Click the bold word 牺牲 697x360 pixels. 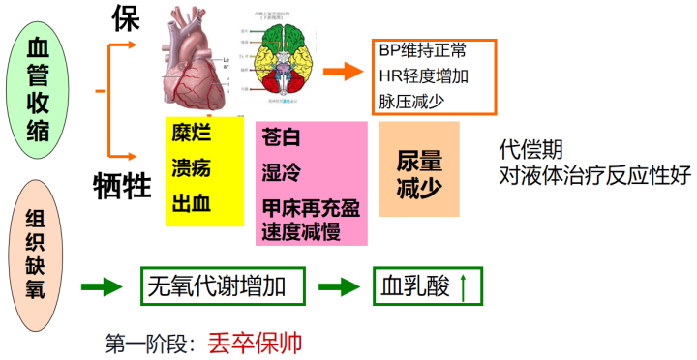click(123, 183)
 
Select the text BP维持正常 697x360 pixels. click(423, 50)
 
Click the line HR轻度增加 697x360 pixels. click(423, 75)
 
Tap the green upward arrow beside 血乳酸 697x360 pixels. click(462, 286)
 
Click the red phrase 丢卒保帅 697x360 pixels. click(255, 342)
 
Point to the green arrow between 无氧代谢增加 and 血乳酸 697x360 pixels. click(341, 286)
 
